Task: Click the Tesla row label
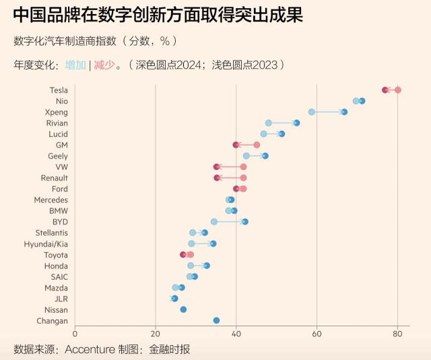58,90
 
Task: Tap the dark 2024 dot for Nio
362,101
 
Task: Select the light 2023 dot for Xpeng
312,112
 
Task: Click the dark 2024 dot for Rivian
296,123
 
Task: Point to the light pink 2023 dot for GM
257,145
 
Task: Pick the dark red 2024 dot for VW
217,167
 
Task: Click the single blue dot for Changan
216,320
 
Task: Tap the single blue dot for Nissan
183,309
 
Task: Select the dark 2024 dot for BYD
245,222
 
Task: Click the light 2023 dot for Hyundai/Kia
191,243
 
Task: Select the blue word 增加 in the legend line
75,65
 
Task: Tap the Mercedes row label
51,200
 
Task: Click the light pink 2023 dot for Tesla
397,90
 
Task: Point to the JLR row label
61,299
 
